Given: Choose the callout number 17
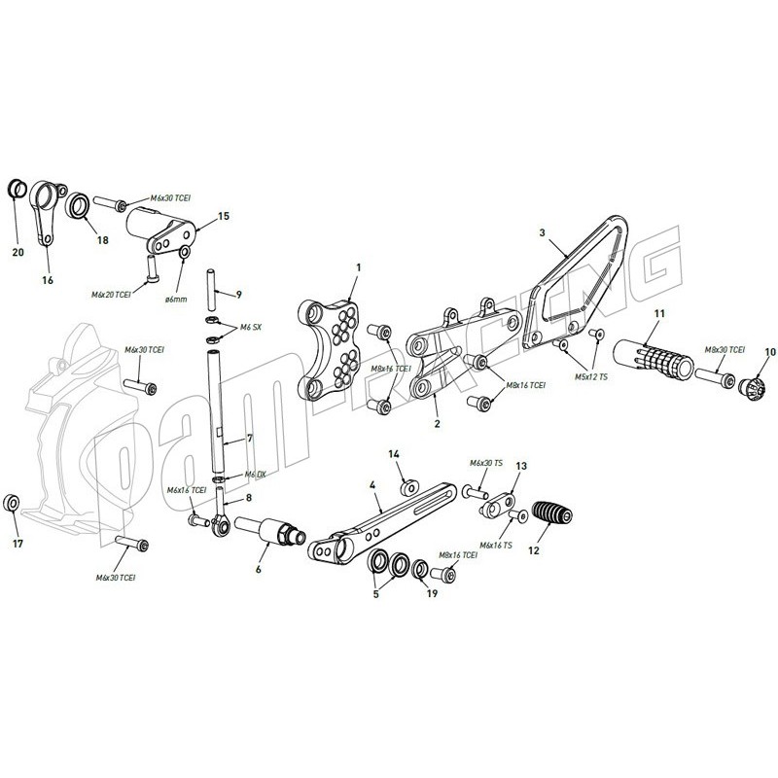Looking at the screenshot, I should pyautogui.click(x=18, y=544).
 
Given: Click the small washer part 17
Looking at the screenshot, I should pyautogui.click(x=11, y=502).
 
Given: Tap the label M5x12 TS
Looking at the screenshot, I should pyautogui.click(x=589, y=376).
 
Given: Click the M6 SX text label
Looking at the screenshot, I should pyautogui.click(x=251, y=329).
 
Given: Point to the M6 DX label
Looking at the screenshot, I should pyautogui.click(x=255, y=475).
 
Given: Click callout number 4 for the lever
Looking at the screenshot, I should pyautogui.click(x=372, y=482).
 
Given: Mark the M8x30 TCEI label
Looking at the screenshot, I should pyautogui.click(x=725, y=349).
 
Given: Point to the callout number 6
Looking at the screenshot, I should pyautogui.click(x=260, y=571).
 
